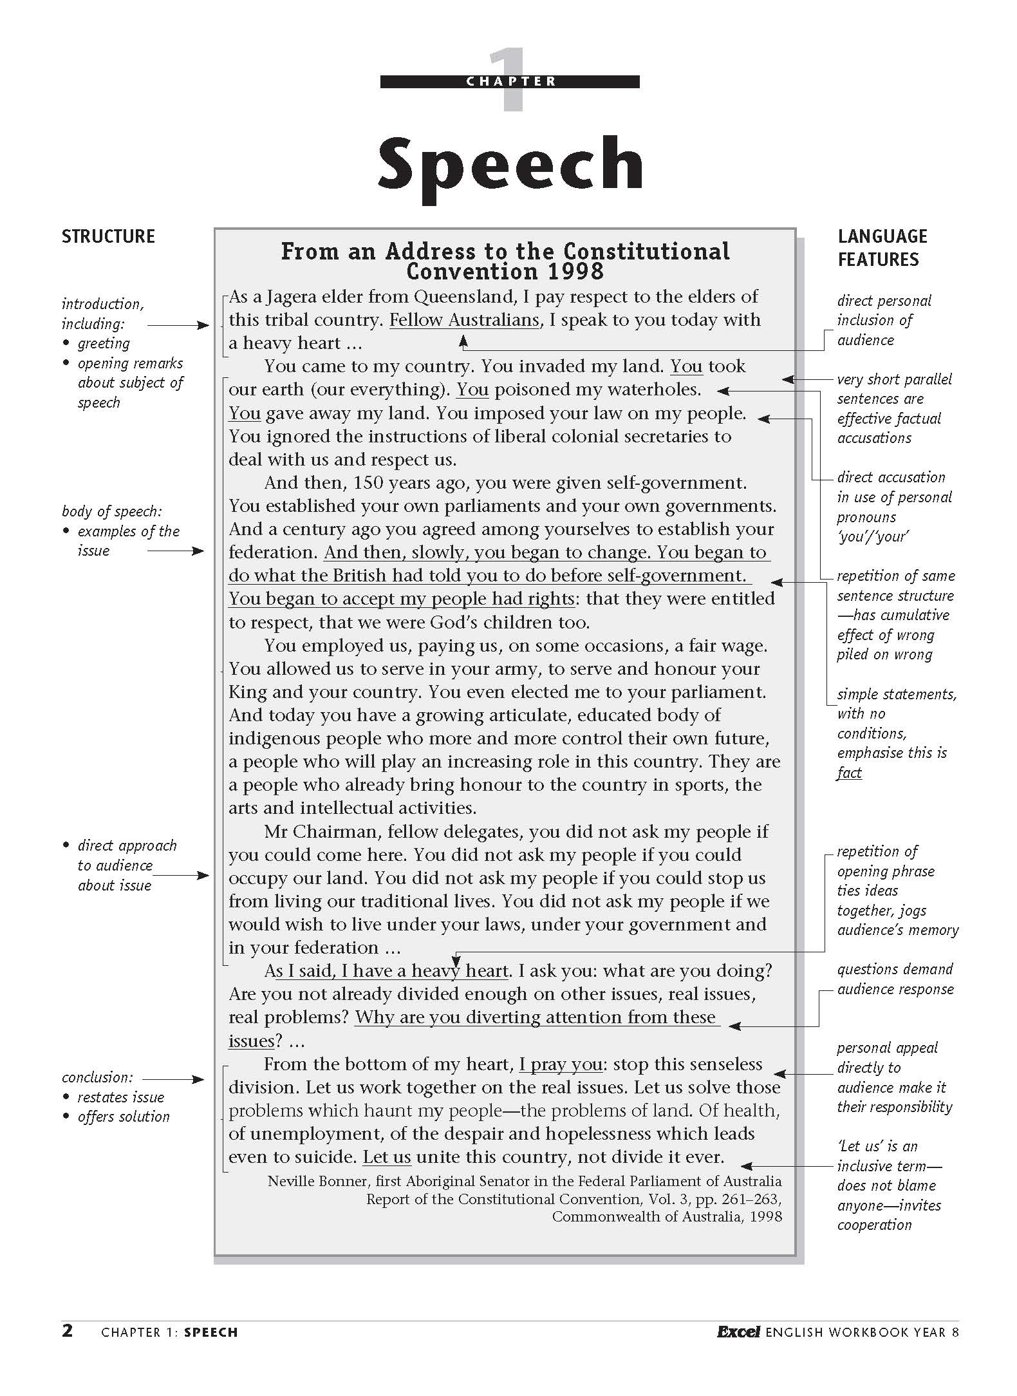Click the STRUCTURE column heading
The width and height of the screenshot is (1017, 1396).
[108, 236]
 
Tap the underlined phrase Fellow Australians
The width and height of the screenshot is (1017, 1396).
[464, 320]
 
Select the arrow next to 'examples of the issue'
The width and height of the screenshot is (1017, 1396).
[175, 551]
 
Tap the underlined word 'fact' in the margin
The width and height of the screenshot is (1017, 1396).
[849, 773]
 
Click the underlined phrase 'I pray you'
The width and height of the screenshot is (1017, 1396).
[561, 1064]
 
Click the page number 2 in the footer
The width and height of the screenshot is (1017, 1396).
[68, 1331]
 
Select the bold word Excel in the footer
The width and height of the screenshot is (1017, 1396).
[738, 1332]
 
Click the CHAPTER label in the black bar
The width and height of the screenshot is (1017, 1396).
[510, 82]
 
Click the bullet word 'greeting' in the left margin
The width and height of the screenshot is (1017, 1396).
[104, 344]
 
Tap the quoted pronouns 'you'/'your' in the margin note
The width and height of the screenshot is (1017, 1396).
[872, 536]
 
